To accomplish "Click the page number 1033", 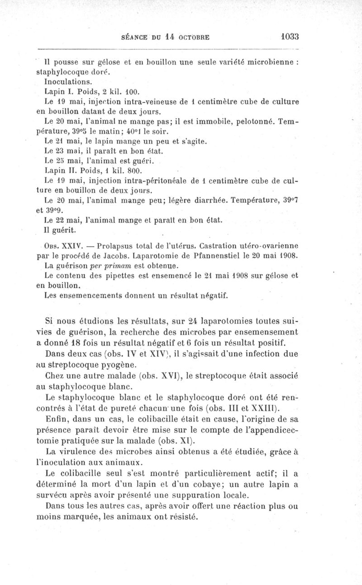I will tap(288, 37).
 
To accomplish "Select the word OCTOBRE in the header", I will tap(193, 37).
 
